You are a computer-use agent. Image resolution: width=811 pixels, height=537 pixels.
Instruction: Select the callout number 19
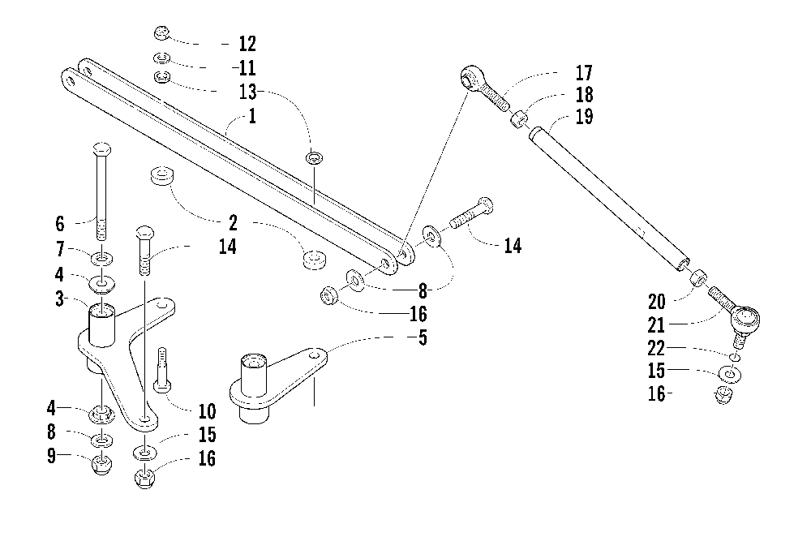[582, 117]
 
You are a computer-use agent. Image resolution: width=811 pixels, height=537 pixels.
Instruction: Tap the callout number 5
[422, 338]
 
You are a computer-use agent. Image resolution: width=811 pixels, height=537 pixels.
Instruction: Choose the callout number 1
[252, 116]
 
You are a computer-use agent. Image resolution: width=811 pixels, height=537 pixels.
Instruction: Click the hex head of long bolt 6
[102, 150]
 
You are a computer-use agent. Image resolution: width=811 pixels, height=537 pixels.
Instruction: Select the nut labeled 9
[102, 466]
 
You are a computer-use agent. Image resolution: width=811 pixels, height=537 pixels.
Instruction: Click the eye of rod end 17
[470, 78]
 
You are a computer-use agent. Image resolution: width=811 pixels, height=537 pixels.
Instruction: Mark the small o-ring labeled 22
[734, 356]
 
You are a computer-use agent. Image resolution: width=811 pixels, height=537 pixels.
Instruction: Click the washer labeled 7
[102, 259]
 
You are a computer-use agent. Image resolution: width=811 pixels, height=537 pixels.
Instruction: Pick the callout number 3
[59, 299]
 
